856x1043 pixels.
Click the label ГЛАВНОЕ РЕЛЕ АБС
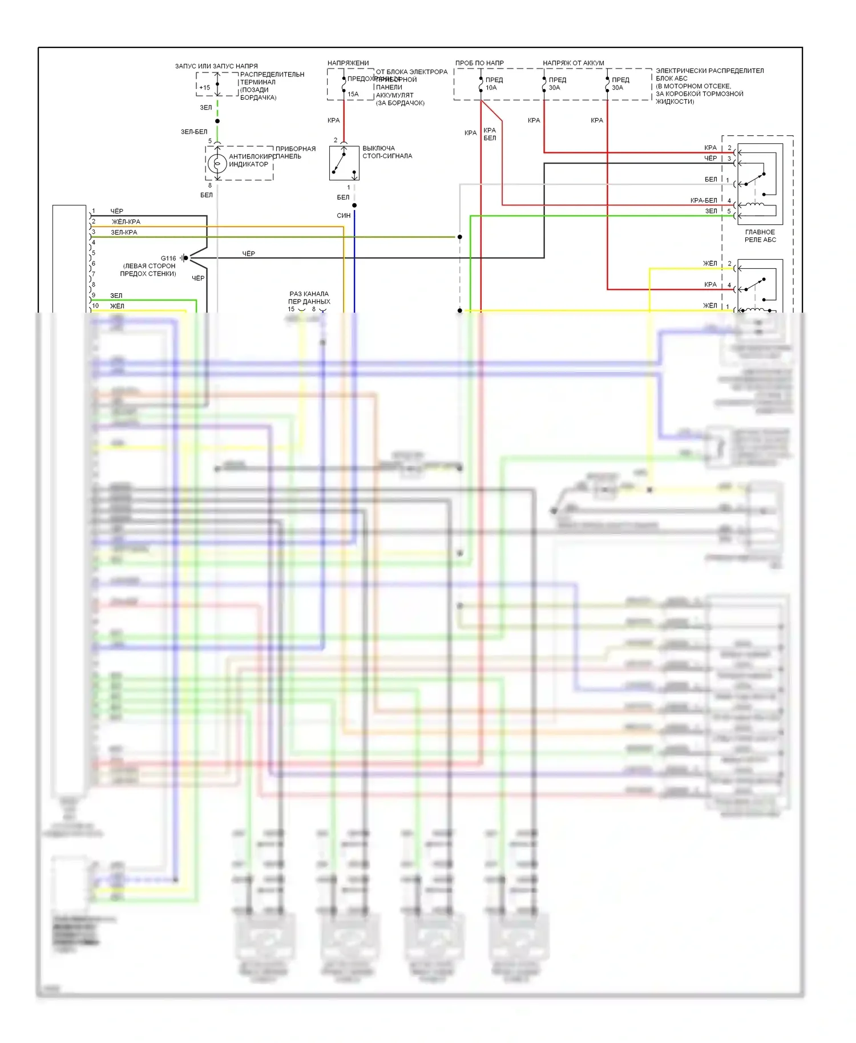760,236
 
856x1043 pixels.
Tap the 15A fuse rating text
353,94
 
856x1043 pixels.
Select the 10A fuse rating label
491,88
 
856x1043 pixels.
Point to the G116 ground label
168,258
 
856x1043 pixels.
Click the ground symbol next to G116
184,258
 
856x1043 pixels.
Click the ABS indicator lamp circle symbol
217,164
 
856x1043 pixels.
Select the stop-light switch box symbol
344,163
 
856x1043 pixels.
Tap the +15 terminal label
204,88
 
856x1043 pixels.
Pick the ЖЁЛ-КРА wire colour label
126,222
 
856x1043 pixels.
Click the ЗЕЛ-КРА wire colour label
124,233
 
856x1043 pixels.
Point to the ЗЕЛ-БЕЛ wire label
194,132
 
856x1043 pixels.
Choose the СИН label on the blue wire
344,216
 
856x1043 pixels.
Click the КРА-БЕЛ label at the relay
704,201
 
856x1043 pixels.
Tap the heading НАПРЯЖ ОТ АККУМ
573,63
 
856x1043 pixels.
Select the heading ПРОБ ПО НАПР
479,63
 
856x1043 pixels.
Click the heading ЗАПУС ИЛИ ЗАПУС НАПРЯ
216,66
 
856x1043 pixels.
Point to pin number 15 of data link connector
291,309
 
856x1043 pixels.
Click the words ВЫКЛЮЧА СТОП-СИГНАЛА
387,152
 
